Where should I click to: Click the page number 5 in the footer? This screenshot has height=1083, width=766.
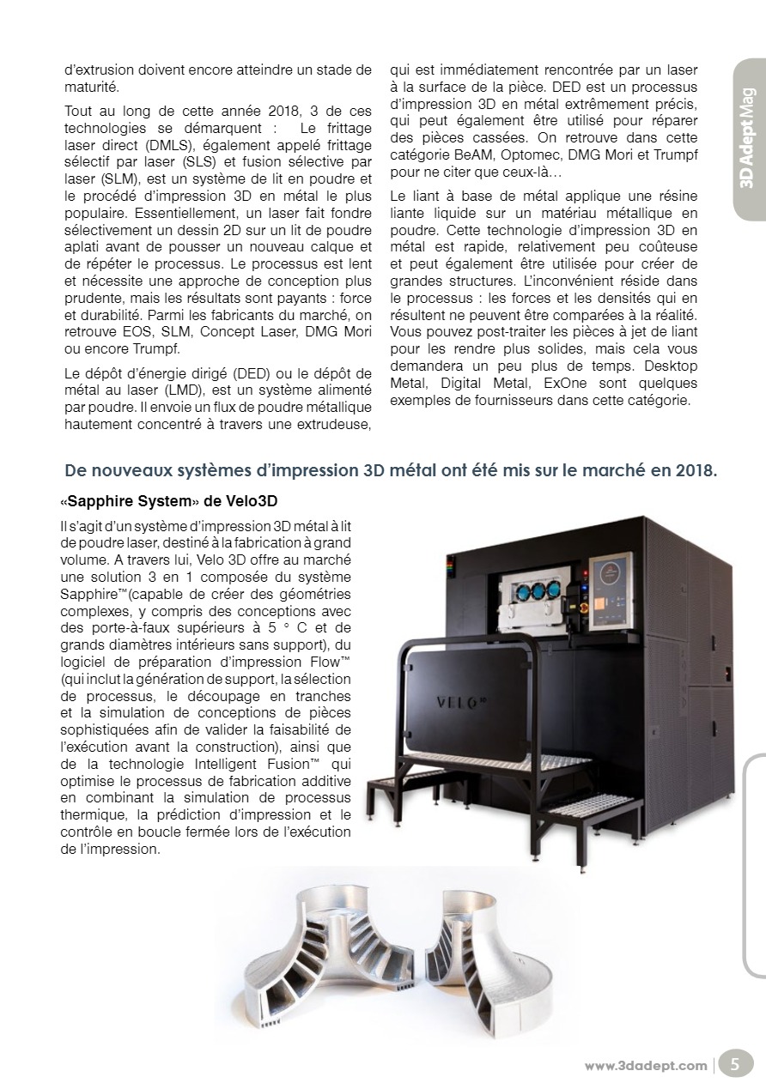pyautogui.click(x=735, y=1065)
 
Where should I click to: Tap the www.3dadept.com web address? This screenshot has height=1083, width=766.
pyautogui.click(x=646, y=1066)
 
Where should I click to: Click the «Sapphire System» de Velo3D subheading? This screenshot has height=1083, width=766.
pyautogui.click(x=169, y=499)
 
